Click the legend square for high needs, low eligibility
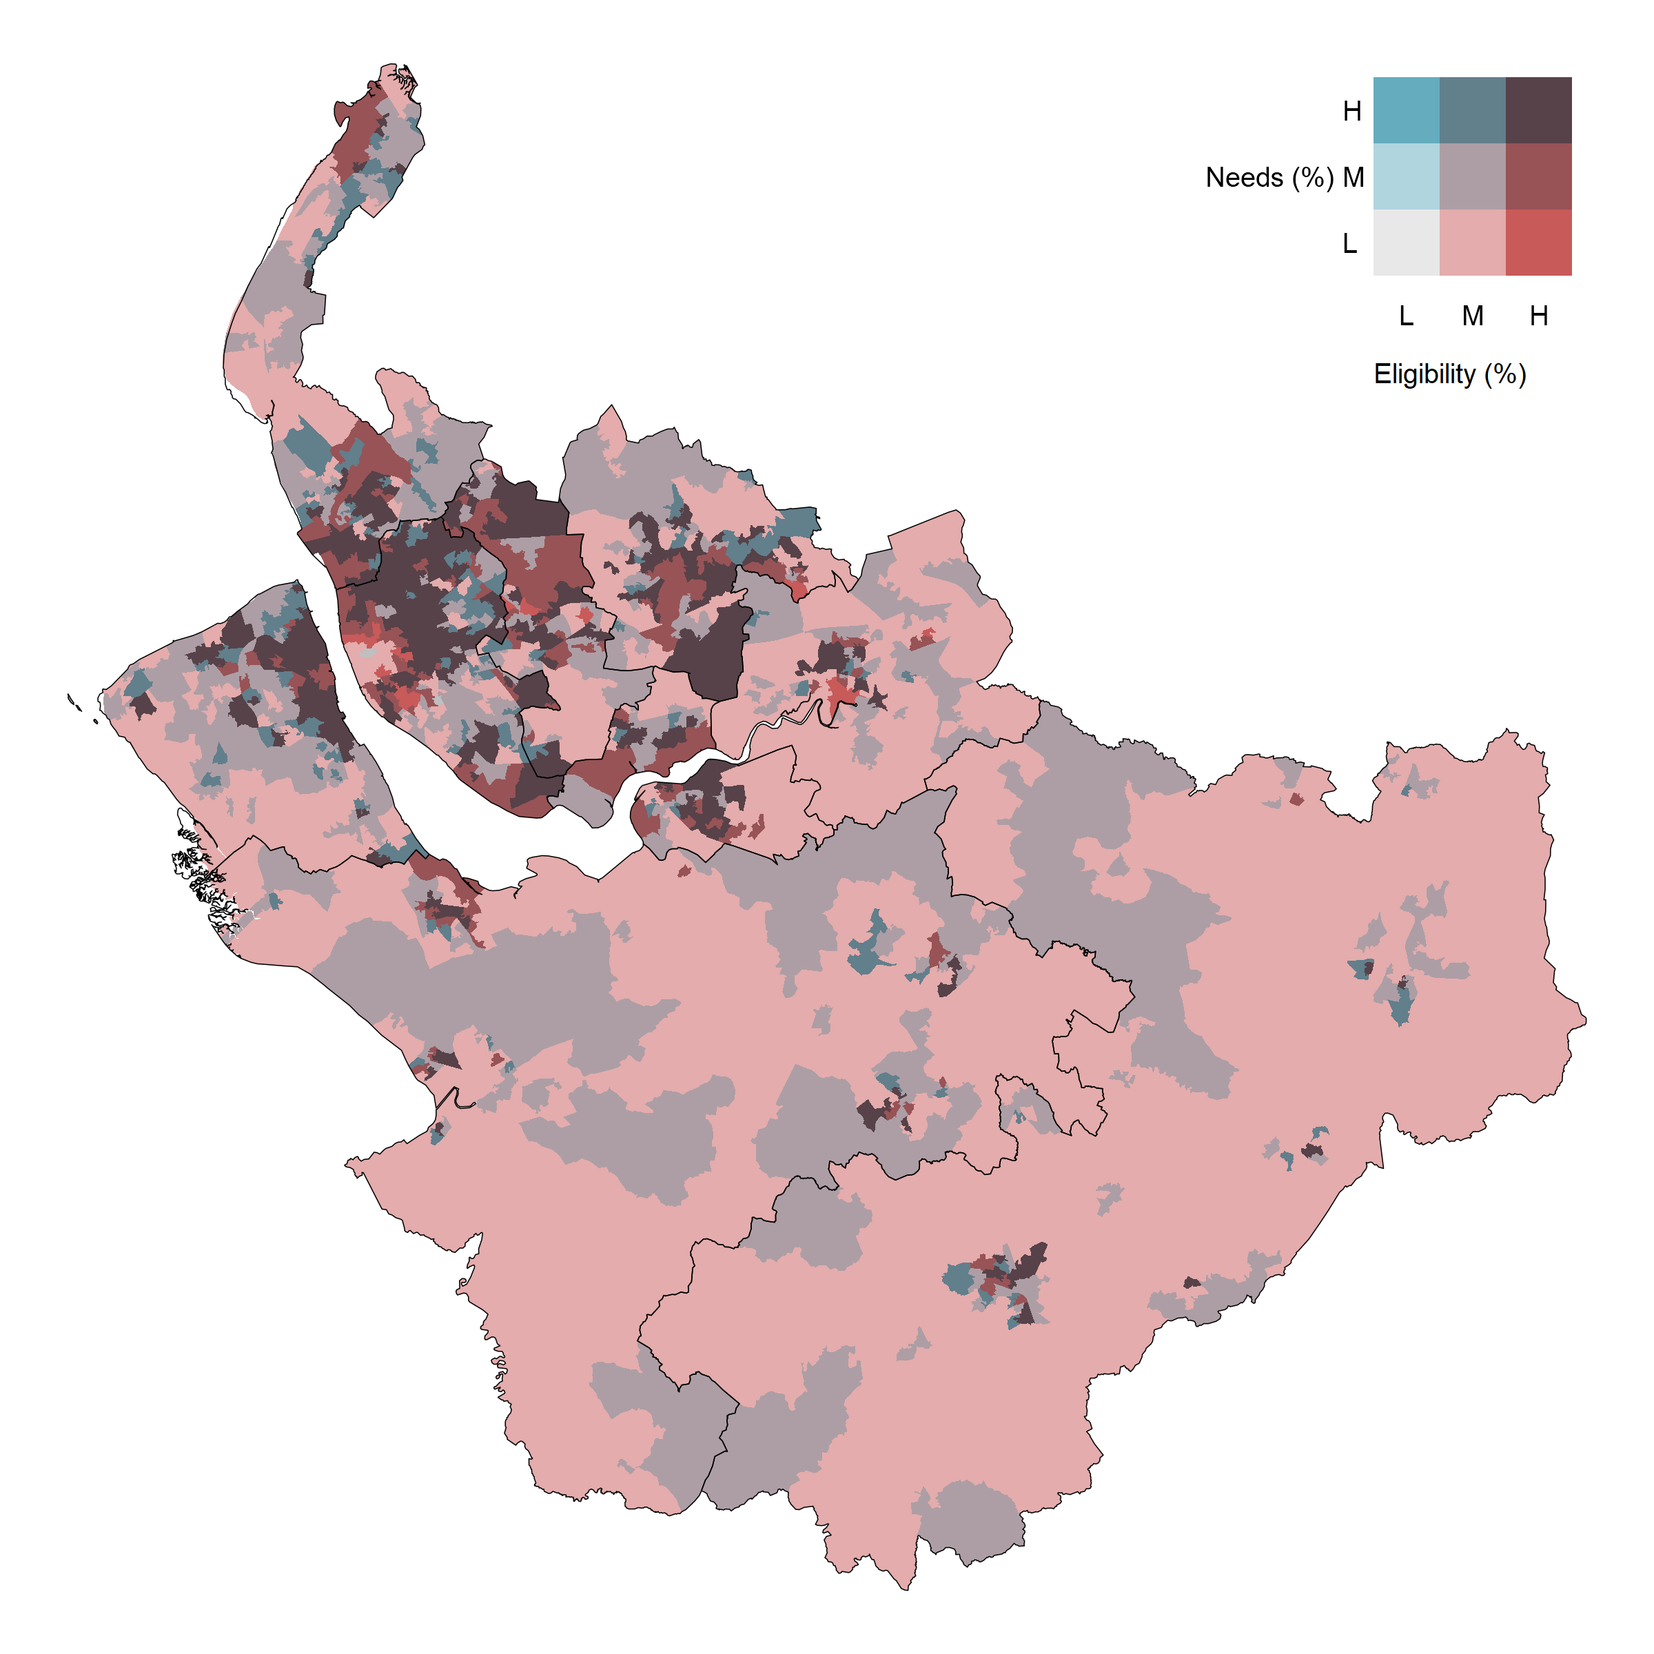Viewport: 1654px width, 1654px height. (1406, 110)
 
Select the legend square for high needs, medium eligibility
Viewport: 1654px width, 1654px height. (1473, 110)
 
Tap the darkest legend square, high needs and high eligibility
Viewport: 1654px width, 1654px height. (1538, 110)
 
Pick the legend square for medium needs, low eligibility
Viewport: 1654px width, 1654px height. (1406, 176)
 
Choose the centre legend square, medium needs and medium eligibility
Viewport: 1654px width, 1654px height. (1473, 176)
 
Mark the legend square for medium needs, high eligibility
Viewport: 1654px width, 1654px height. (1538, 176)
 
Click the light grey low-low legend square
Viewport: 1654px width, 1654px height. (1406, 243)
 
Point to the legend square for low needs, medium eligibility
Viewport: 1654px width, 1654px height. (1473, 243)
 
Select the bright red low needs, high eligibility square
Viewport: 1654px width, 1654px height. (1538, 243)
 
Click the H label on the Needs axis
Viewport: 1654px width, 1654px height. (1351, 111)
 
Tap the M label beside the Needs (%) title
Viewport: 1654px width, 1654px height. (1354, 177)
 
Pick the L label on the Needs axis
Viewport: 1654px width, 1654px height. (1350, 244)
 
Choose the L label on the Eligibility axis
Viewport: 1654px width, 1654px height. (1406, 316)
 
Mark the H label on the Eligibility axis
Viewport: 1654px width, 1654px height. (1538, 316)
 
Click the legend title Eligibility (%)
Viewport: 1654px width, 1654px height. (1449, 374)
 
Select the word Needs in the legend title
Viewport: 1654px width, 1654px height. (1244, 177)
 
